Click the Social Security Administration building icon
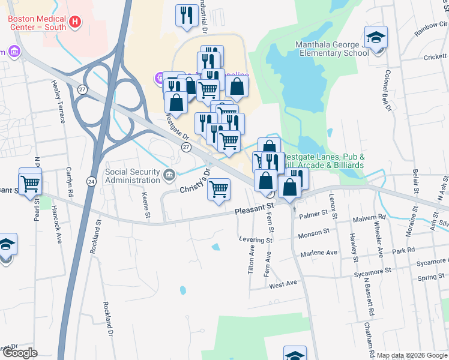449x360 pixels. tap(170, 176)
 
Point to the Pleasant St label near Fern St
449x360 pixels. tap(254, 210)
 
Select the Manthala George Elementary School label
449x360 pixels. tap(331, 49)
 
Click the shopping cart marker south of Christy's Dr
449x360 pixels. tap(219, 189)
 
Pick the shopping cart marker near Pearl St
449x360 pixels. tap(30, 183)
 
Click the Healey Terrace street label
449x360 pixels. tap(58, 101)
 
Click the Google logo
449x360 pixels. tap(20, 353)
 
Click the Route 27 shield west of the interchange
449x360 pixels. tap(81, 89)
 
